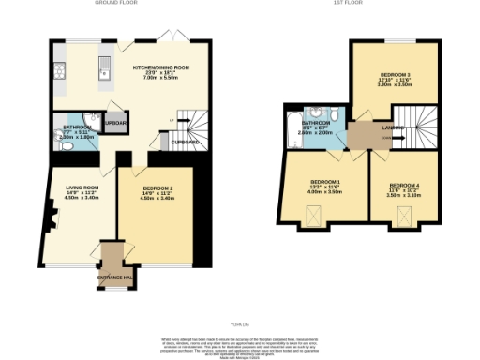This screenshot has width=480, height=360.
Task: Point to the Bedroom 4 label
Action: coord(404,191)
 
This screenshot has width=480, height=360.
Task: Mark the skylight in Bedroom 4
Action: coord(404,217)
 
